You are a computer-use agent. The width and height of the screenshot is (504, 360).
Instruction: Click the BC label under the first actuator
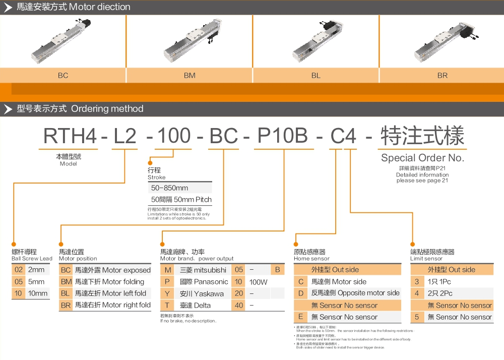tap(62, 76)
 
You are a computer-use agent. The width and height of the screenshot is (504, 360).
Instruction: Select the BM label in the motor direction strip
tap(190, 76)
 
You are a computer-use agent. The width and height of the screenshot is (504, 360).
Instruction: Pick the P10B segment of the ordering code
tap(283, 137)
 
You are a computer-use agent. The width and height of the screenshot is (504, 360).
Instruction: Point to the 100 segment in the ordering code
tap(173, 137)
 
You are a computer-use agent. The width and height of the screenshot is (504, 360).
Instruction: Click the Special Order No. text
tap(422, 158)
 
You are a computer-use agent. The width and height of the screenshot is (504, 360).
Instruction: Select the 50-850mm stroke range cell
tap(170, 188)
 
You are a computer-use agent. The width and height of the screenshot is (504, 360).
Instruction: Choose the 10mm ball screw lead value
tap(38, 293)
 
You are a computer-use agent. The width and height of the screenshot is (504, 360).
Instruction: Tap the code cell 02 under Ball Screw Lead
tap(19, 270)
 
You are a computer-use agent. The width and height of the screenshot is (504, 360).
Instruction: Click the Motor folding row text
tap(109, 282)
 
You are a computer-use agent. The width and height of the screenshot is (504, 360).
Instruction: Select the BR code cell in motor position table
tap(66, 305)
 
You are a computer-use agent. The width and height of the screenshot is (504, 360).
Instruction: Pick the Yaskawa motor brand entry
tap(202, 293)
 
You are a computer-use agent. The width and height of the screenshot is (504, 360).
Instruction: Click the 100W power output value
tap(259, 282)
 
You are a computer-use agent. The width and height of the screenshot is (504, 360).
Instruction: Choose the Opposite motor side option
tap(355, 293)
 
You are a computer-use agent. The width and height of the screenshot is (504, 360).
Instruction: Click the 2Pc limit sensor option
tap(440, 293)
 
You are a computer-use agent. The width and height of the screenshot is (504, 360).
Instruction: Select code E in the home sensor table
tap(300, 317)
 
